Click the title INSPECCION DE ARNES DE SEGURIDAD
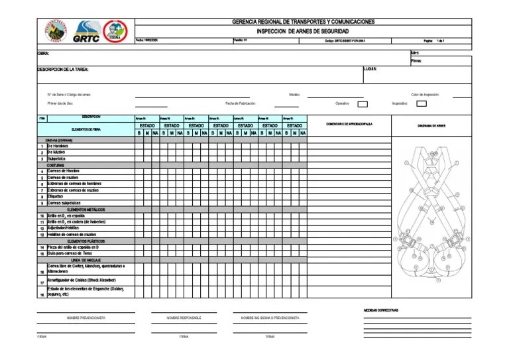click(302, 31)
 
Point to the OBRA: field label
click(43, 53)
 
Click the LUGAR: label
click(370, 68)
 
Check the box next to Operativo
click(363, 103)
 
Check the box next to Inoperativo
click(422, 103)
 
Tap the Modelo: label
click(295, 95)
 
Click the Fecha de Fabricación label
click(240, 103)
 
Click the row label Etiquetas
click(55, 196)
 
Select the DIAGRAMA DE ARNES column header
click(431, 125)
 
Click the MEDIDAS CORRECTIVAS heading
click(381, 310)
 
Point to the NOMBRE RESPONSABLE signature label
click(184, 318)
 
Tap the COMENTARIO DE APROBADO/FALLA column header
click(350, 125)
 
